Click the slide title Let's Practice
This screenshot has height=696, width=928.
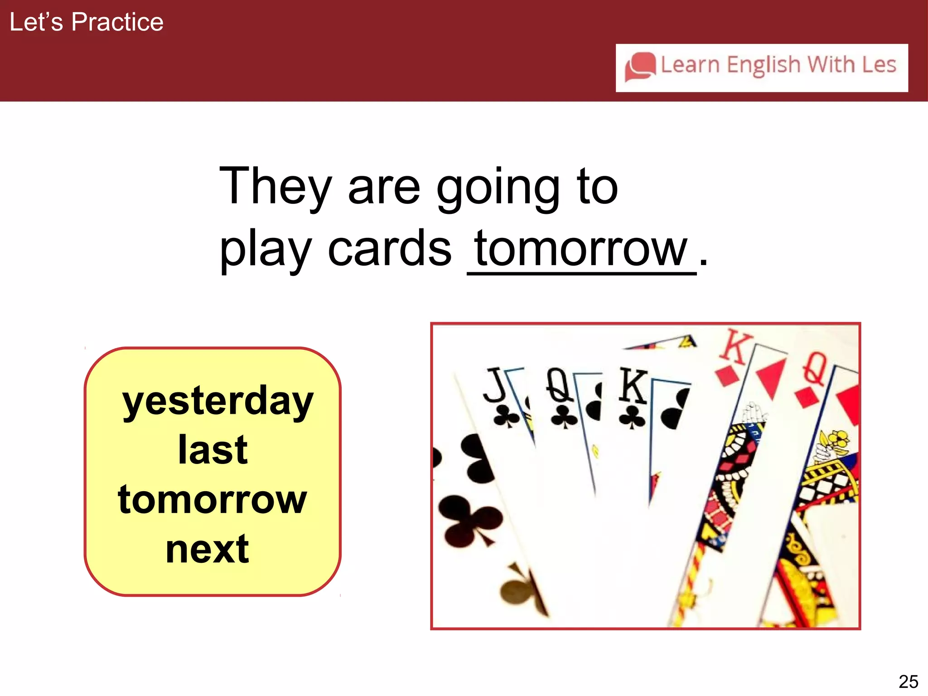point(86,22)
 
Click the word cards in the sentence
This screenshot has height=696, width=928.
point(390,249)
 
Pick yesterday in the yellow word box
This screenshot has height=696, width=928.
point(217,401)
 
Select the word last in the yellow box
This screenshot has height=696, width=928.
point(213,450)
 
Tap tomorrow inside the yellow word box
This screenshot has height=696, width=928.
point(213,500)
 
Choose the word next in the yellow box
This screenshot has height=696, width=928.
point(208,550)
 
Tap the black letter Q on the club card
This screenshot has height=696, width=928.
point(559,385)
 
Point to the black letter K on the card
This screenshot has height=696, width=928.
point(633,386)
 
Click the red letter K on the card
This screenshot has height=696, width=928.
point(735,347)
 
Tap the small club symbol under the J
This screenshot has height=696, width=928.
point(506,416)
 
